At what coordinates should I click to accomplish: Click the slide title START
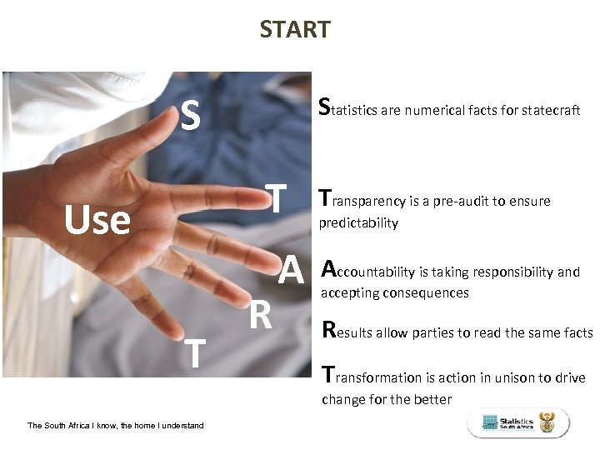coord(294,30)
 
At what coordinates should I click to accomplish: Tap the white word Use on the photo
coord(97,221)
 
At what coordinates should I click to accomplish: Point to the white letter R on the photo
coord(261,315)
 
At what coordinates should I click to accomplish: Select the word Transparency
coord(363,201)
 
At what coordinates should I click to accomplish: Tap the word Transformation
coord(371,377)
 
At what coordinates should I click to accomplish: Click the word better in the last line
coord(432,399)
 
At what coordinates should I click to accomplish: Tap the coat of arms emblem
coord(547,423)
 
